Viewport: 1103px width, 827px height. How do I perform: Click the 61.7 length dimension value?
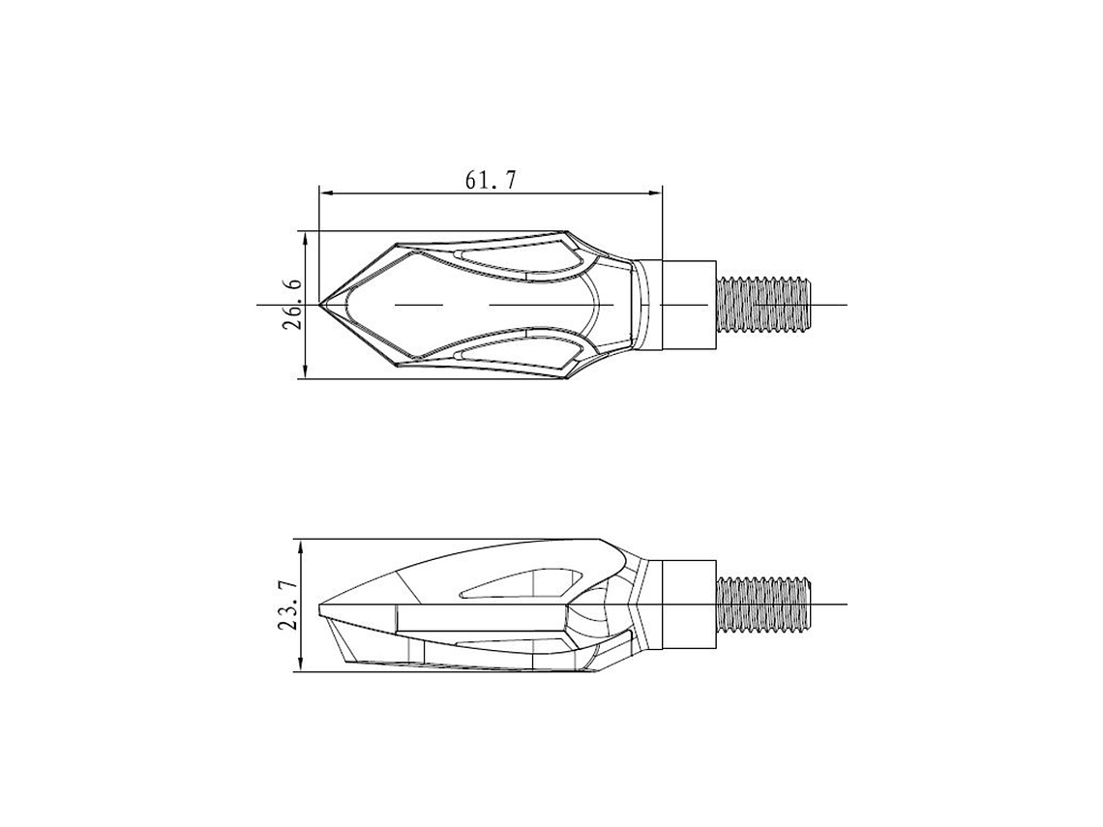click(491, 181)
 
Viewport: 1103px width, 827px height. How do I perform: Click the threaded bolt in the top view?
click(763, 305)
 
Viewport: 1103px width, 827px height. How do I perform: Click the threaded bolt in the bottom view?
click(763, 605)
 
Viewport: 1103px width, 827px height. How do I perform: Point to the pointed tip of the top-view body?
click(320, 305)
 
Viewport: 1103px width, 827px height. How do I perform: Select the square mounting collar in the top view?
click(689, 305)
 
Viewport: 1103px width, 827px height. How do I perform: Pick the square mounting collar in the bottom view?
click(689, 605)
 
